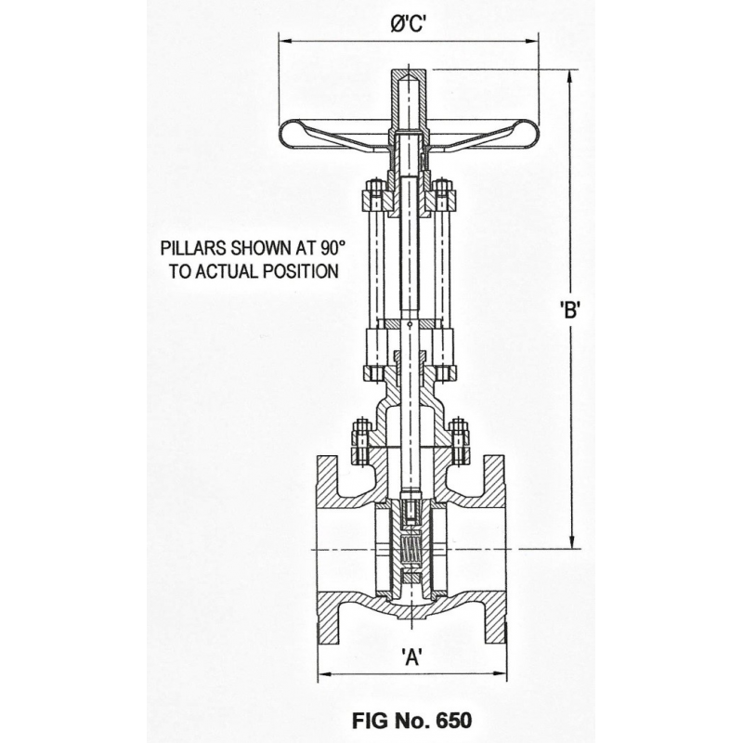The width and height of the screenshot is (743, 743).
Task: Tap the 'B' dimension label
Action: (569, 310)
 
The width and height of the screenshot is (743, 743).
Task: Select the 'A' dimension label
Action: (411, 657)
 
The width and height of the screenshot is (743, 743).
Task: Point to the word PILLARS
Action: (193, 248)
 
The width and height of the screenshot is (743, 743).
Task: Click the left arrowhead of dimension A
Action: (324, 672)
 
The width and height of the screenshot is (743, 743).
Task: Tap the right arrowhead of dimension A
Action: (500, 672)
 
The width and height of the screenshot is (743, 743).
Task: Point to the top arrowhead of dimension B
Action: (572, 77)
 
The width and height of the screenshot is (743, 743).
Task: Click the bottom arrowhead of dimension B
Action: (572, 542)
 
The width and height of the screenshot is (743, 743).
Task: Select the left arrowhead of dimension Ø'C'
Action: (285, 41)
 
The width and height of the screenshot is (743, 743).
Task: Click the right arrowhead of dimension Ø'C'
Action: (532, 41)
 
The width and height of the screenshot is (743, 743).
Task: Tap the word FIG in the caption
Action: (369, 721)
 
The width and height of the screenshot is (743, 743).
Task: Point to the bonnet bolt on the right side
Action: (458, 440)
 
